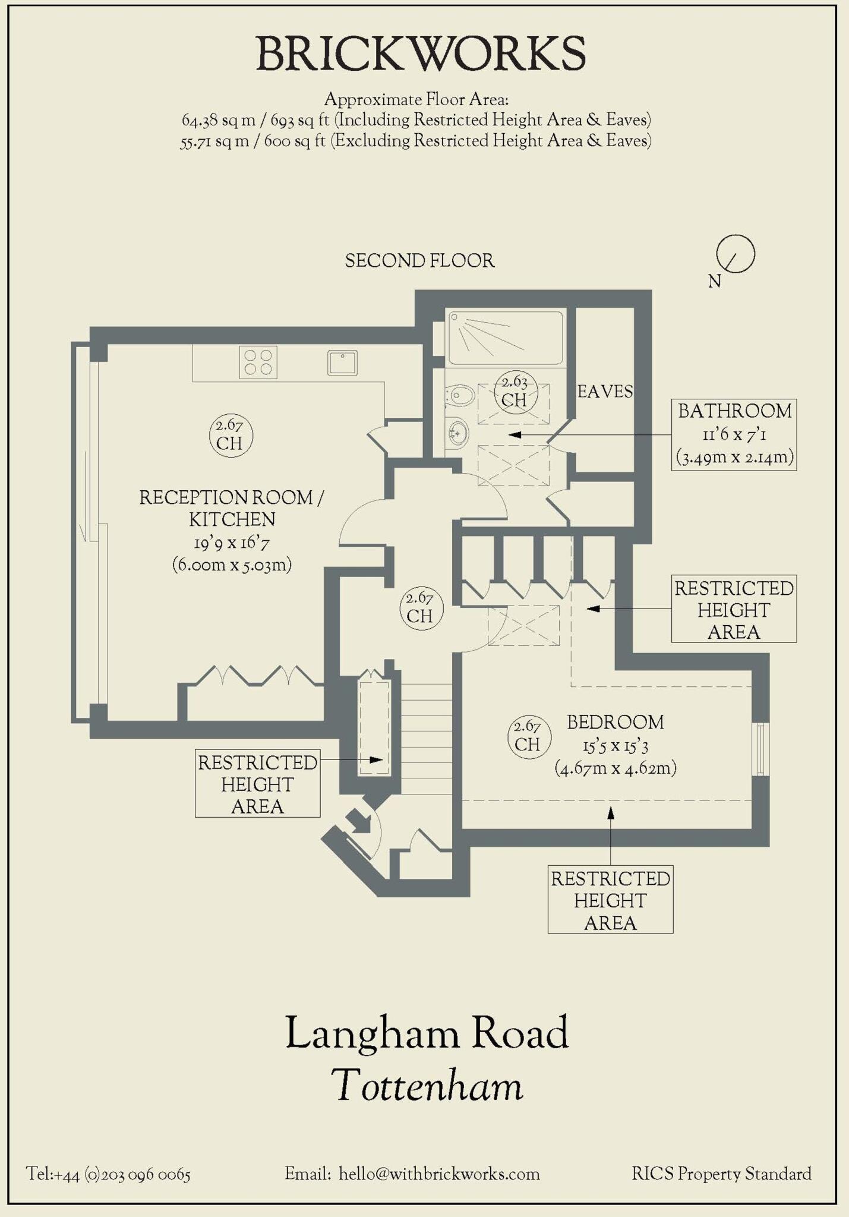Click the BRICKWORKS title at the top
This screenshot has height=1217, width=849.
tap(421, 54)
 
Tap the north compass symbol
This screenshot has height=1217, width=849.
tap(735, 254)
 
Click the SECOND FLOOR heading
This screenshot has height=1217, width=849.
tap(419, 261)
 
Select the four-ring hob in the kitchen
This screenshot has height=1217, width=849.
tap(258, 362)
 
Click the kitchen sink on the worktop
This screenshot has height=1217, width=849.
tap(342, 362)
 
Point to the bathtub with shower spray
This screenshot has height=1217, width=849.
tap(506, 338)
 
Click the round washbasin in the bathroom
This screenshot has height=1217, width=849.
tap(458, 433)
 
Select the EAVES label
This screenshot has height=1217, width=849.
tap(605, 392)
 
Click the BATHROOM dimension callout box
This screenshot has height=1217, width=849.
tap(734, 435)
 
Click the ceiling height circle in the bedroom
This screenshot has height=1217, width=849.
tap(529, 736)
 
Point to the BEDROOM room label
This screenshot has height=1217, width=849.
tap(616, 723)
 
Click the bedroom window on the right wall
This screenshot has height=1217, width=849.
tap(760, 749)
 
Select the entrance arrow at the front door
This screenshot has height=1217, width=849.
tap(358, 822)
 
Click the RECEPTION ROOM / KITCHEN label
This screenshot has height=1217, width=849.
tap(232, 508)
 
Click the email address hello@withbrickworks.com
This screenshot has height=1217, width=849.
tap(439, 1174)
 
